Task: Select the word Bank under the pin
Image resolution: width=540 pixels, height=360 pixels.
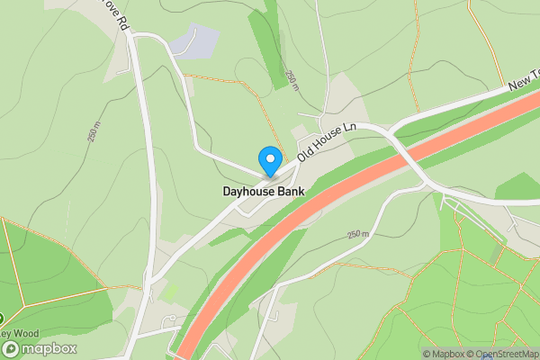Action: [292, 192]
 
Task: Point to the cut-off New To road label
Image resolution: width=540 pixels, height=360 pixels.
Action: [523, 84]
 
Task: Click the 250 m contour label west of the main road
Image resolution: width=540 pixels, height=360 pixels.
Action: [94, 131]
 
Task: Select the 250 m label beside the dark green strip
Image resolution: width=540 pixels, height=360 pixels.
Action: [291, 80]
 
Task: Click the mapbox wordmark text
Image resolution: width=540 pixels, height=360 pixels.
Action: [49, 349]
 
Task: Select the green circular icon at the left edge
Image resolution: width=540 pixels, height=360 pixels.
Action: [2, 317]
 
